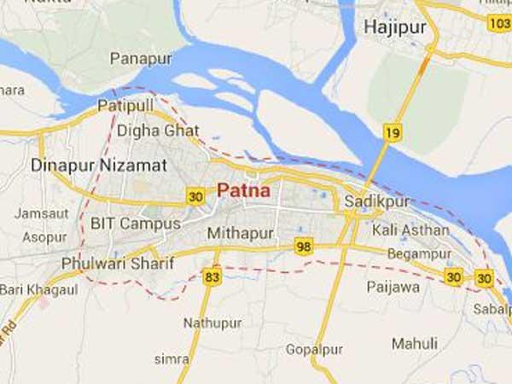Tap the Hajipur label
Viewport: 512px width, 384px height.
click(394, 27)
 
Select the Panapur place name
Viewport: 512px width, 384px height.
click(141, 59)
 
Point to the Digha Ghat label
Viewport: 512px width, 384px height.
click(158, 131)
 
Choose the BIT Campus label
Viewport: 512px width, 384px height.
click(135, 224)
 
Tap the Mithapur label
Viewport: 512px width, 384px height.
click(241, 232)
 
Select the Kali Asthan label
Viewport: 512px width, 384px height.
click(410, 230)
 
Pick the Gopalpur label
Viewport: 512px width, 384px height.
click(313, 352)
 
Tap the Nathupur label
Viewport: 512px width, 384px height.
click(213, 323)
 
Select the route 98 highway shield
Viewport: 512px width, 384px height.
click(303, 247)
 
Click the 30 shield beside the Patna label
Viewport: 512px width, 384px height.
click(196, 196)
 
